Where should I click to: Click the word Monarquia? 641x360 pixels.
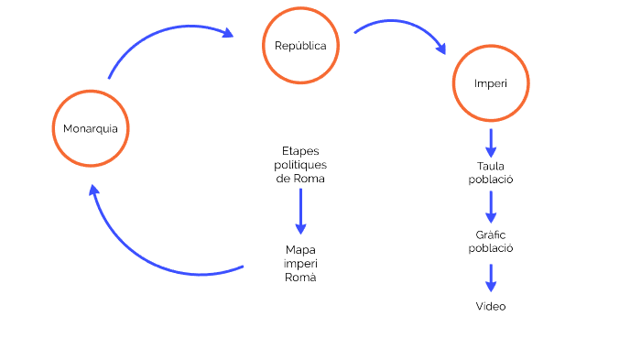pyautogui.click(x=90, y=128)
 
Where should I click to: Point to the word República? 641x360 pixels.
pyautogui.click(x=300, y=46)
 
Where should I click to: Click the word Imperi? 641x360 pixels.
pyautogui.click(x=491, y=83)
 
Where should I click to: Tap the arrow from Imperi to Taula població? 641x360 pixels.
pyautogui.click(x=491, y=143)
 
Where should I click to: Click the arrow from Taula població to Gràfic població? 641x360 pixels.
pyautogui.click(x=491, y=206)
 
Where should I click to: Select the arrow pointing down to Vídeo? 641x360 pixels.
pyautogui.click(x=491, y=278)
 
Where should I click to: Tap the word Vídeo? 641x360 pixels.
pyautogui.click(x=491, y=306)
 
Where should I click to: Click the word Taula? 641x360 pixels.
pyautogui.click(x=491, y=166)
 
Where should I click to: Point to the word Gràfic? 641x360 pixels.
pyautogui.click(x=491, y=235)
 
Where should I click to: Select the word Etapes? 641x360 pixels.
pyautogui.click(x=300, y=150)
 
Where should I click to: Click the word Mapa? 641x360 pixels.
pyautogui.click(x=300, y=248)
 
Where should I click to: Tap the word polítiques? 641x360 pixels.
pyautogui.click(x=300, y=164)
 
